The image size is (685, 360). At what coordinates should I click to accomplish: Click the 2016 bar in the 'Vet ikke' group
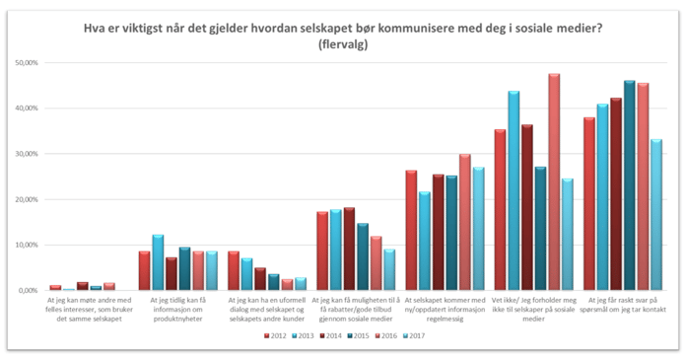click(x=554, y=182)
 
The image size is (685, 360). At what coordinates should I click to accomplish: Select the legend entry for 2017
click(x=419, y=335)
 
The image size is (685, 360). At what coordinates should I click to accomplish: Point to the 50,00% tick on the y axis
click(x=25, y=63)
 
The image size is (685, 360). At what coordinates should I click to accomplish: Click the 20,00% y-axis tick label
click(x=25, y=199)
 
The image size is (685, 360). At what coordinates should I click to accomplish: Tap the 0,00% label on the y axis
click(x=27, y=291)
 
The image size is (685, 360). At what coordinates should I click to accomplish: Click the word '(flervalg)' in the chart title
click(x=342, y=44)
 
